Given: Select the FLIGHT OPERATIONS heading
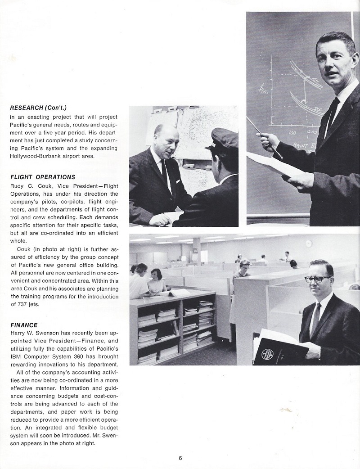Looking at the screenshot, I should click(x=42, y=177).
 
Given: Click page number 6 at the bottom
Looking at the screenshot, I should click(x=180, y=458).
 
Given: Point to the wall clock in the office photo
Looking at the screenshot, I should click(x=309, y=244).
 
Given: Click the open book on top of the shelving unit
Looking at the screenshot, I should click(x=172, y=293).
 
